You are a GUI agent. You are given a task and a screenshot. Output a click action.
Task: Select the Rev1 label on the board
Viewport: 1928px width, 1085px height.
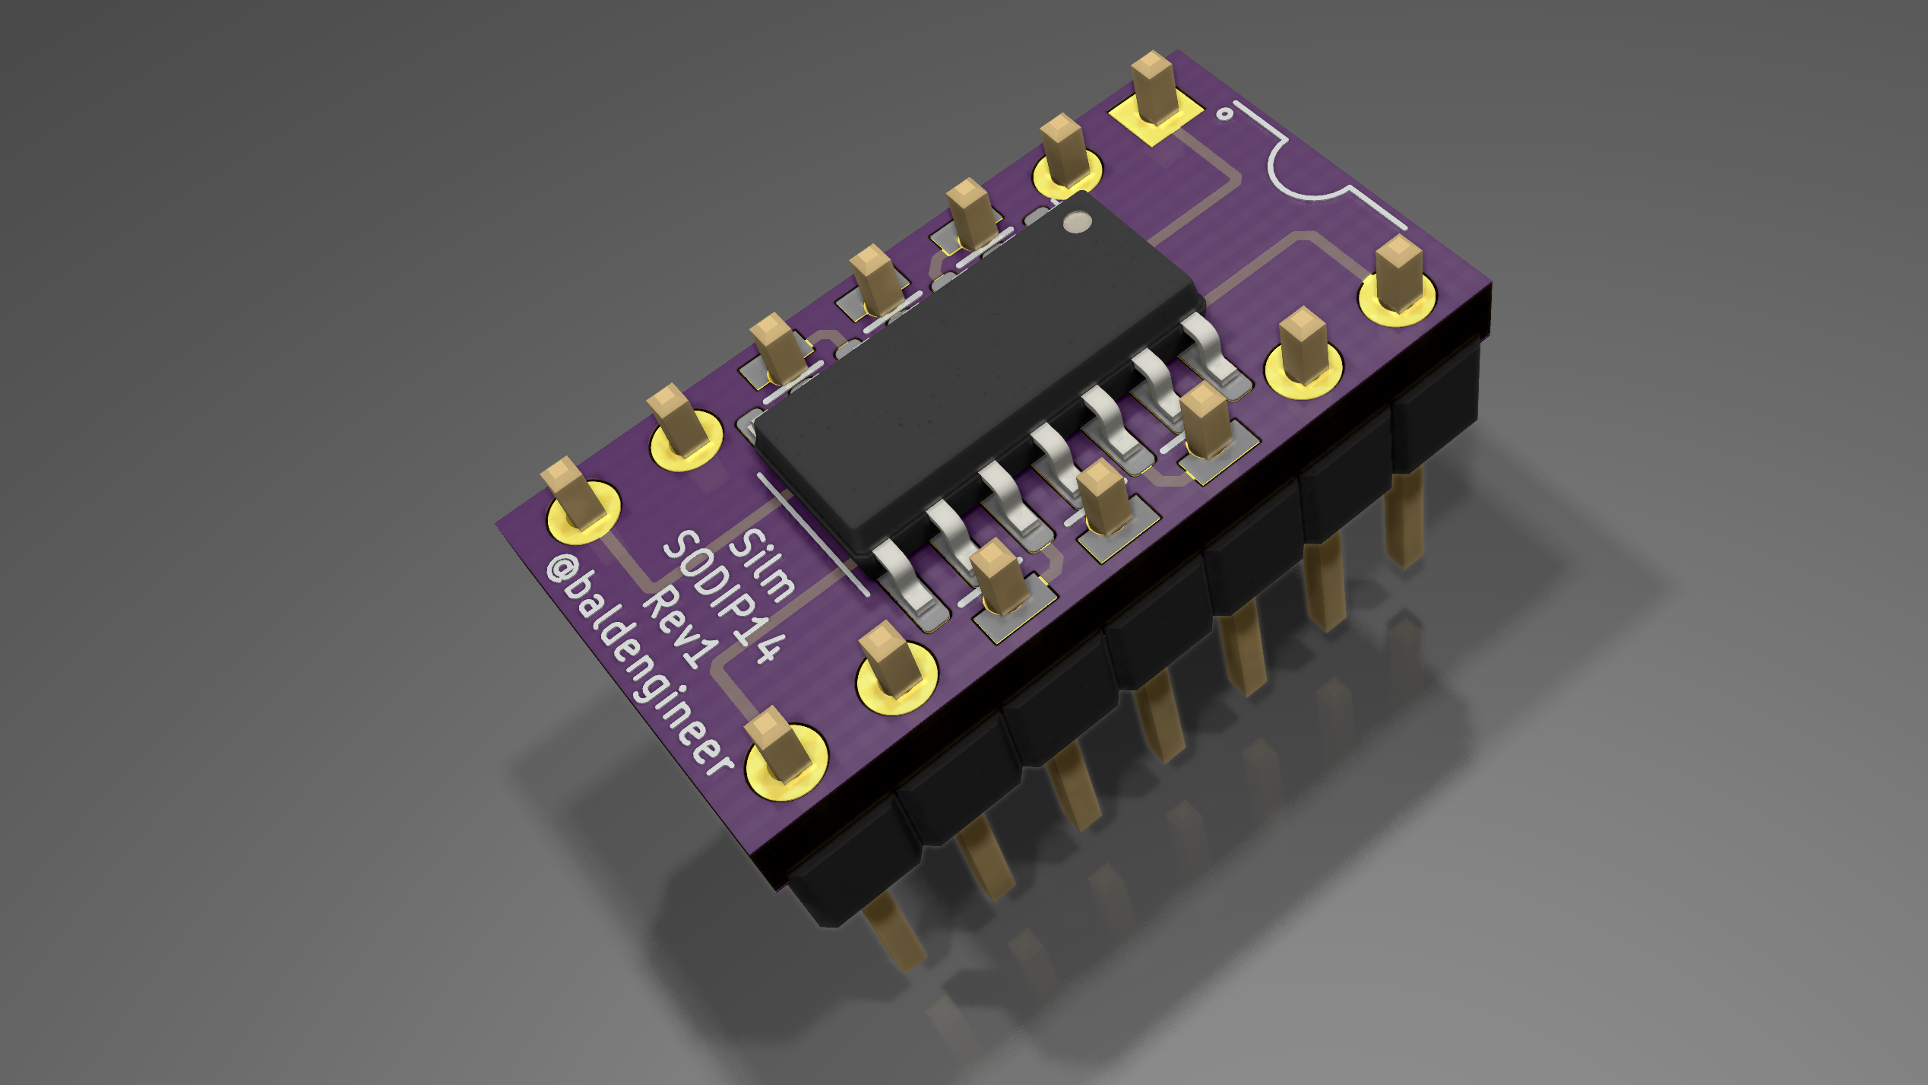[x=681, y=628]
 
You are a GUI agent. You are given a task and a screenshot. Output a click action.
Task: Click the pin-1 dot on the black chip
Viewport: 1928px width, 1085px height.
[x=1076, y=222]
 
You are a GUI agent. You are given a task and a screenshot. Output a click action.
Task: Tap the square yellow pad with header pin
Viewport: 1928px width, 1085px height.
[x=1154, y=114]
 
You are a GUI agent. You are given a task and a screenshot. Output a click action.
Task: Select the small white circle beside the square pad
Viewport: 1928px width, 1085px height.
[x=1224, y=114]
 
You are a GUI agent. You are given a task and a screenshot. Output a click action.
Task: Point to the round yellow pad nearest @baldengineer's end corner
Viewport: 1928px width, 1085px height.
[x=786, y=765]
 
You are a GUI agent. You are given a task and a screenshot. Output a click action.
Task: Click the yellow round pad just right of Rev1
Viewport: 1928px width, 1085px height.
[x=897, y=677]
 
